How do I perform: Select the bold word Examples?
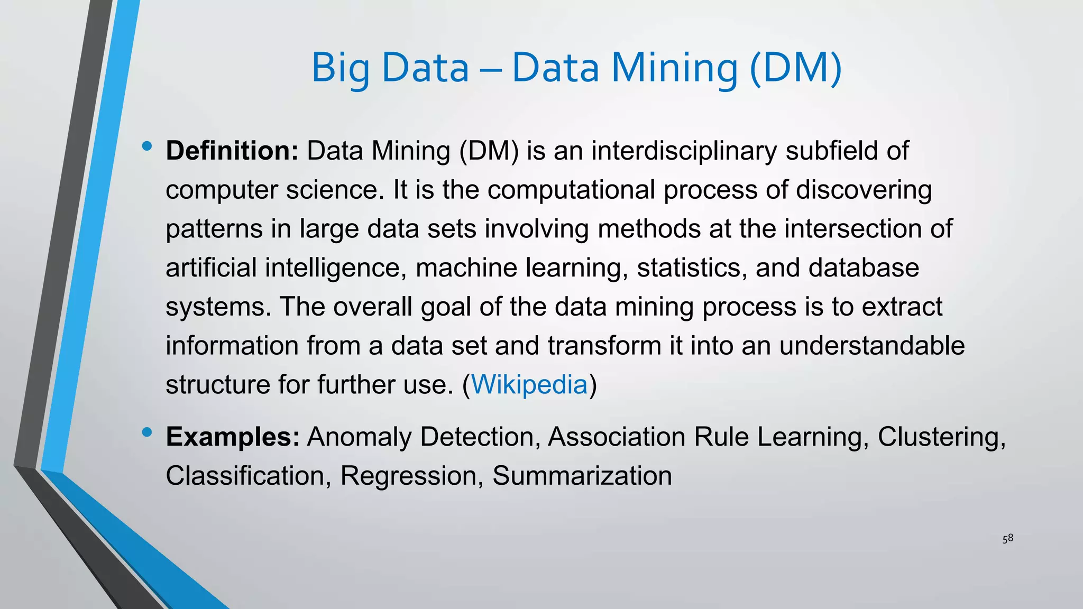point(233,437)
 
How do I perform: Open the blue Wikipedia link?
point(529,384)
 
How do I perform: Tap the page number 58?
point(1008,539)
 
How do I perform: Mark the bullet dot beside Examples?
point(147,432)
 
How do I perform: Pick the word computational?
point(571,190)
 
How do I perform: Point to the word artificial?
point(211,267)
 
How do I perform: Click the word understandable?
point(872,346)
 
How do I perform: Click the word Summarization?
point(582,476)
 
